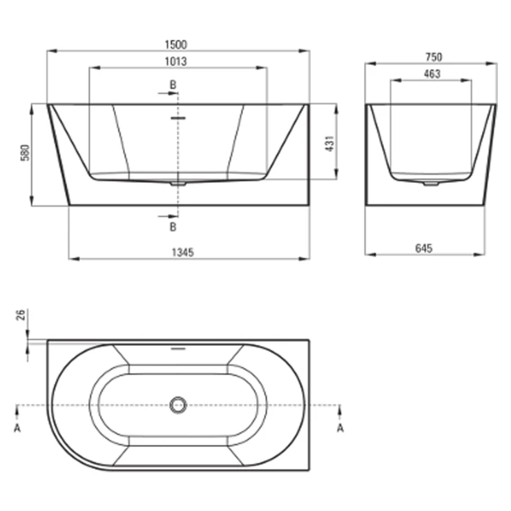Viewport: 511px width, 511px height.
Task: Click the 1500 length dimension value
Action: click(176, 45)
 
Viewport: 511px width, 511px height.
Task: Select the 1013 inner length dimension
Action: click(176, 61)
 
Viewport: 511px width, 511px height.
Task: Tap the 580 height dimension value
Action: click(25, 153)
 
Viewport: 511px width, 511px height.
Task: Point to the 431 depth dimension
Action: click(330, 144)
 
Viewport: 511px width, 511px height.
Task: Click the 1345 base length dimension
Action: click(183, 252)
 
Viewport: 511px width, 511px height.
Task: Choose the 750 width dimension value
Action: click(434, 57)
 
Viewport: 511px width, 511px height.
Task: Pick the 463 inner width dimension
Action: click(432, 75)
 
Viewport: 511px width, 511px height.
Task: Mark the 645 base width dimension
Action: click(424, 249)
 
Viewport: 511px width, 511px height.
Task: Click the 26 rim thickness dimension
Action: click(21, 315)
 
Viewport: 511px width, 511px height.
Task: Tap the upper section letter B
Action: click(173, 85)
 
